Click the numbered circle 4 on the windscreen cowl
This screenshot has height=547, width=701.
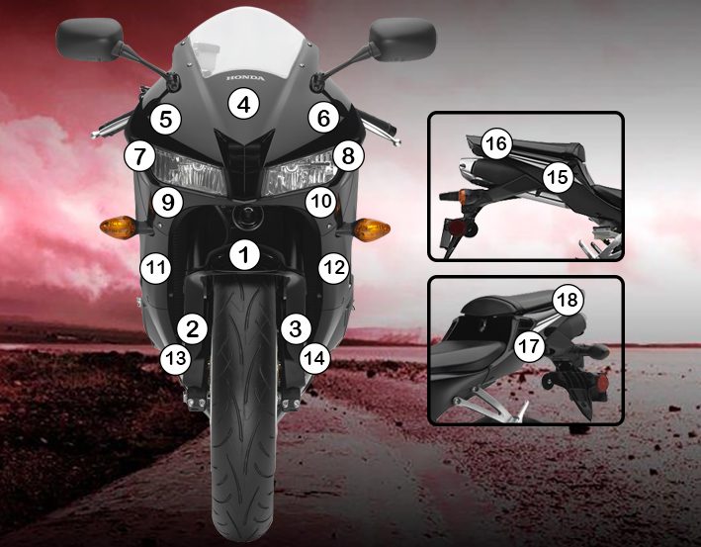pos(243,104)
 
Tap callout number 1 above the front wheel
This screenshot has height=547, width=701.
pos(244,255)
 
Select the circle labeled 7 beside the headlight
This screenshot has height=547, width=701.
pos(140,156)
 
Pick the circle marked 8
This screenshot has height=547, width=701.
pos(348,156)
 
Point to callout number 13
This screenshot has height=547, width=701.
pos(176,358)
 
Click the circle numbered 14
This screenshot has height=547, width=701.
pos(315,358)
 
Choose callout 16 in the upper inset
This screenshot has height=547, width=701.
pos(496,144)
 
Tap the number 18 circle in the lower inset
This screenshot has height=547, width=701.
pos(568,300)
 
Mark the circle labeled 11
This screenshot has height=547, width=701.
pos(155,268)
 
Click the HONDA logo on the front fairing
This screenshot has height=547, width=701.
pos(245,78)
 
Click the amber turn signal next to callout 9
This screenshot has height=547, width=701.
pos(117,228)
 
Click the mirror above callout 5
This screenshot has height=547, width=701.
pos(89,40)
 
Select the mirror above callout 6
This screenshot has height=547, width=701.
pos(402,40)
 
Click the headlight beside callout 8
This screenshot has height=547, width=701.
pos(299,173)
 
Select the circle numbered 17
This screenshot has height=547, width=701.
pos(529,346)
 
